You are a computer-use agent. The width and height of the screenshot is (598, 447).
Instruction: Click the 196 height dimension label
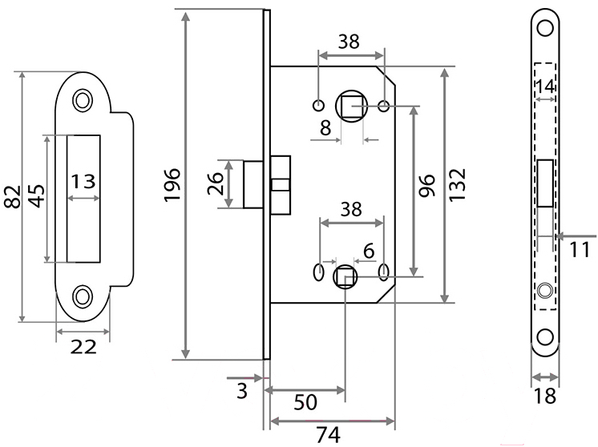click(172, 184)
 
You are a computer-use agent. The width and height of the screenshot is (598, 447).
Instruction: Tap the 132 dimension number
click(457, 184)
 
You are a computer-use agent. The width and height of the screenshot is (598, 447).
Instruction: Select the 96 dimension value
click(426, 185)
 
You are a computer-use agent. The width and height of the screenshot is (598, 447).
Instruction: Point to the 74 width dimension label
click(328, 435)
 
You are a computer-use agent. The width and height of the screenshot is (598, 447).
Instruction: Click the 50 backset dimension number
click(305, 402)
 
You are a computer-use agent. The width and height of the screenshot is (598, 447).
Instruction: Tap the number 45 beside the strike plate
click(37, 196)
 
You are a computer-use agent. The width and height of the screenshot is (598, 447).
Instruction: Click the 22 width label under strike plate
click(83, 347)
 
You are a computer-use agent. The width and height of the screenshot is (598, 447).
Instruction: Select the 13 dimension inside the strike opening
click(83, 181)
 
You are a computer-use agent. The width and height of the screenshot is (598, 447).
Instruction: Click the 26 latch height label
click(214, 183)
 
